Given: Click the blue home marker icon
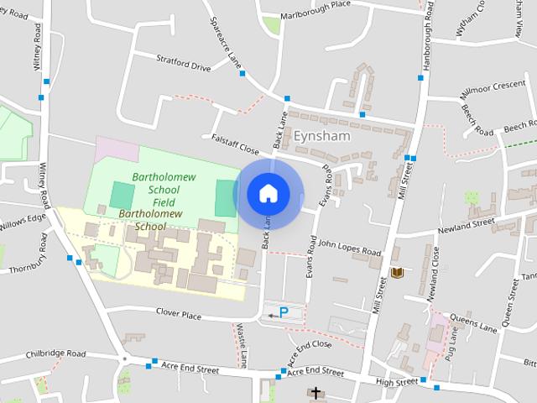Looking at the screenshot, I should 268,193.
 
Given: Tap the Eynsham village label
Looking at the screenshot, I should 321,135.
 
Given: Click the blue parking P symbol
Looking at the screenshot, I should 284,312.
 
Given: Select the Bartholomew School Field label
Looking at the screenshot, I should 153,190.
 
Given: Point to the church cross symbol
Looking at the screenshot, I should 316,393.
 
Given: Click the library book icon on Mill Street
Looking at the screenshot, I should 397,272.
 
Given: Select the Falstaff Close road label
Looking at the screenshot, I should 235,144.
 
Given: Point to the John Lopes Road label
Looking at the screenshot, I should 349,248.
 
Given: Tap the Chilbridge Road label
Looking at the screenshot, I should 56,354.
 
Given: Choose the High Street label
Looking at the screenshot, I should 396,382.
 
